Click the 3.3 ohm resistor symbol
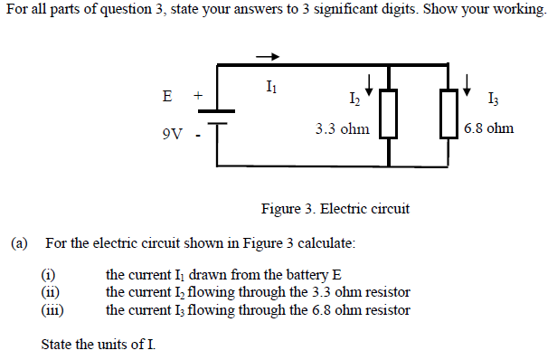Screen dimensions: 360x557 coord(388,113)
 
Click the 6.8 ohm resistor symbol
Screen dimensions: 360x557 coord(449,113)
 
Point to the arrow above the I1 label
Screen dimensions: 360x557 coord(269,55)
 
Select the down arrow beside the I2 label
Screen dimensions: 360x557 coord(369,85)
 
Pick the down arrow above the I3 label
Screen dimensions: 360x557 coord(467,83)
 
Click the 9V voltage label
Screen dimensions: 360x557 coord(173,135)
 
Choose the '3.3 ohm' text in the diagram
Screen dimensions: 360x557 coord(342,128)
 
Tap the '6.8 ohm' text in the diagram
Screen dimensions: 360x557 coord(488,128)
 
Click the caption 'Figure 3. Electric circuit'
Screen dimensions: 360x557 coord(335,209)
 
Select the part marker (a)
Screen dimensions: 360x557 coord(20,243)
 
